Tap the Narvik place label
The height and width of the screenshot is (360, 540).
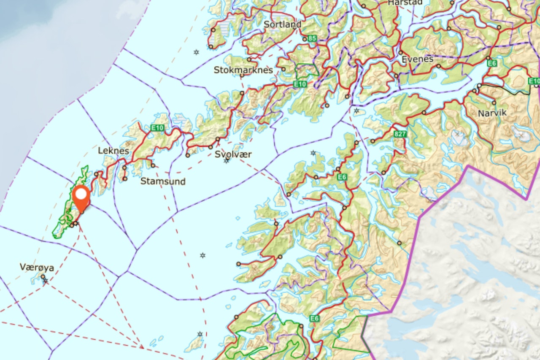pos(492,113)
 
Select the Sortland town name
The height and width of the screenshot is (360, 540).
pos(282,24)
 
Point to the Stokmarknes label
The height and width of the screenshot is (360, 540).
pos(243,70)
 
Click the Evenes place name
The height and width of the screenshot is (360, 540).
pos(417,59)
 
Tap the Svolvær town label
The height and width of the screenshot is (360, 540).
pos(233,154)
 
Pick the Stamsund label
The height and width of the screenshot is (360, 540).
pos(163,181)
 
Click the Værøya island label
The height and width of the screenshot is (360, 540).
pos(37,267)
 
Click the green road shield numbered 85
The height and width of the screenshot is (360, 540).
pos(312,38)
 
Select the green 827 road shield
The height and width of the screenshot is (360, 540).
pos(400,134)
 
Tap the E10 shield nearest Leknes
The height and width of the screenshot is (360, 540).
pos(157,127)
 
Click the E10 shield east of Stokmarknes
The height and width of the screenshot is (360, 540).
pos(300,84)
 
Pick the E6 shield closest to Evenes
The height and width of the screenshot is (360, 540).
pos(491,63)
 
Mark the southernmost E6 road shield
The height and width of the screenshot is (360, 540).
pos(315,318)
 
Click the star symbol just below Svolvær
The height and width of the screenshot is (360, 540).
pos(227,161)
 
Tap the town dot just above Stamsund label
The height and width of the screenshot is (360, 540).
pos(153,165)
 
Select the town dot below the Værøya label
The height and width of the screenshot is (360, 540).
pos(43,276)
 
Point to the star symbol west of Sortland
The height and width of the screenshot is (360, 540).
pos(196,52)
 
